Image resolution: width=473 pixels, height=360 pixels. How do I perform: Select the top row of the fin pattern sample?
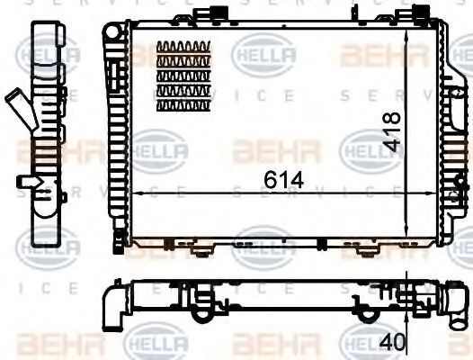click(x=183, y=48)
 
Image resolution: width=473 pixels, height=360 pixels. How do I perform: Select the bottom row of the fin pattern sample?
click(x=183, y=105)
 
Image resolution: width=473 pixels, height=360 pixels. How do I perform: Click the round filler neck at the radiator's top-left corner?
click(x=112, y=31)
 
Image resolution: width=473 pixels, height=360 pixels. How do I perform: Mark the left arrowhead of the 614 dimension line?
click(x=133, y=194)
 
